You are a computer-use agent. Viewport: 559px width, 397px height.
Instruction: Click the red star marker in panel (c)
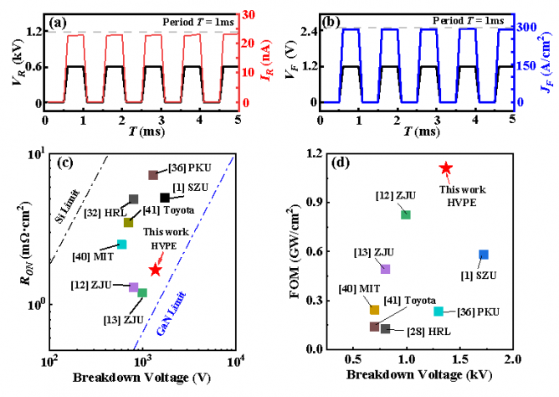point(154,270)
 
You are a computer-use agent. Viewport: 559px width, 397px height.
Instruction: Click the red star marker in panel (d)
point(446,168)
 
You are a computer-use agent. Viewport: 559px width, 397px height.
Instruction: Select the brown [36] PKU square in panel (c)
point(153,175)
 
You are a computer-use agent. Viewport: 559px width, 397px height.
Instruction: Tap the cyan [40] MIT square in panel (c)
point(121,244)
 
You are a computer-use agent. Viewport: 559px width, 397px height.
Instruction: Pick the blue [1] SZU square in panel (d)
point(484,255)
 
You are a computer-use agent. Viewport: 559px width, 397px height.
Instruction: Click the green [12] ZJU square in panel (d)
point(406,214)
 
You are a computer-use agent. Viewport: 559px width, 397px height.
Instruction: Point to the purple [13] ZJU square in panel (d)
point(385,269)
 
